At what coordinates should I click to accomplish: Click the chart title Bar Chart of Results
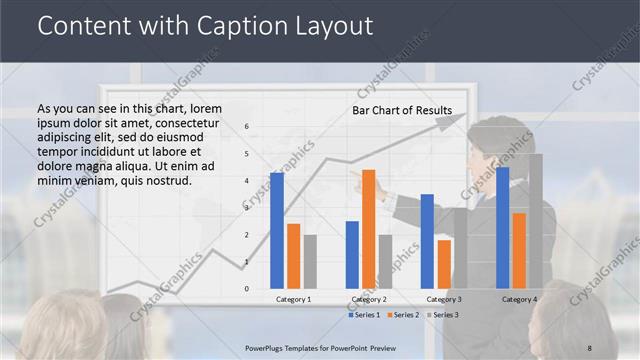point(401,110)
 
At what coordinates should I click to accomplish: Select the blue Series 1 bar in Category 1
point(276,230)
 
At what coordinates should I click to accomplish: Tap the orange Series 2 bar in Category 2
point(368,229)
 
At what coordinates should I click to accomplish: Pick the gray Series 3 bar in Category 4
point(535,221)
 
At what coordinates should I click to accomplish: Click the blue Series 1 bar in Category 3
point(427,241)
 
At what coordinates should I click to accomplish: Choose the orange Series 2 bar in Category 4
point(519,251)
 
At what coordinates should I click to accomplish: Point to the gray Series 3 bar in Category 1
point(310,262)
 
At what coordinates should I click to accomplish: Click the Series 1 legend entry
point(365,315)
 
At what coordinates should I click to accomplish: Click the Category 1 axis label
point(293,299)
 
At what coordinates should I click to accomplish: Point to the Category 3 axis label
point(444,299)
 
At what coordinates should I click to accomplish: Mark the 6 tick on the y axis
point(247,127)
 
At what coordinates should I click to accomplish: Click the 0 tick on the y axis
point(247,289)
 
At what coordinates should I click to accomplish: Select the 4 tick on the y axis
point(247,181)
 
